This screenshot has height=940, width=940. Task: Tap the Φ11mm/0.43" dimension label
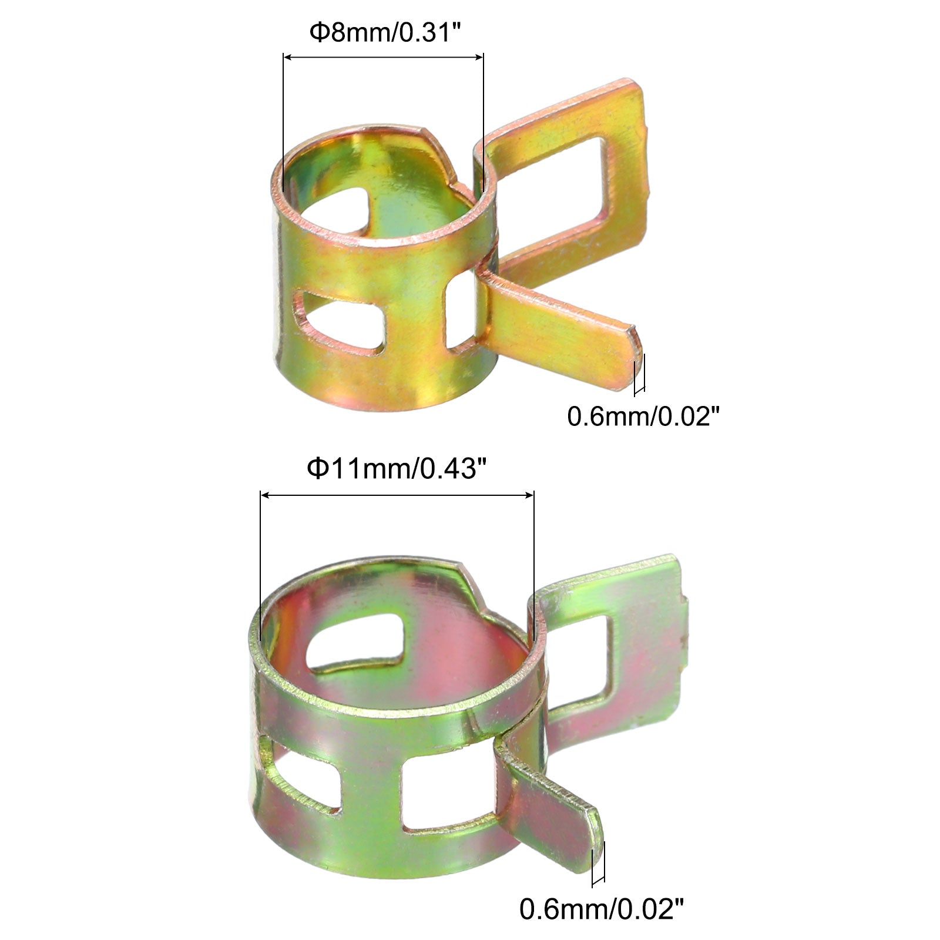click(397, 469)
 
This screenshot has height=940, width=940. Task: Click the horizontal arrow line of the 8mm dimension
click(383, 57)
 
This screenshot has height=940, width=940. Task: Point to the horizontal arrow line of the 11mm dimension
click(397, 495)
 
